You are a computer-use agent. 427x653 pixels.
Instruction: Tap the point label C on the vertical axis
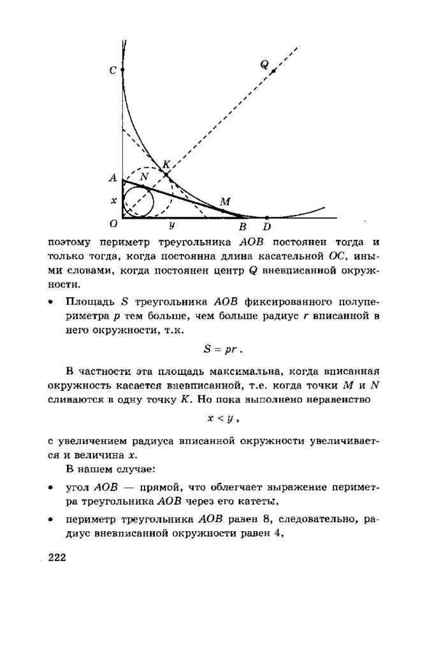click(113, 71)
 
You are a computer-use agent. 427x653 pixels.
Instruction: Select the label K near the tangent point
click(166, 165)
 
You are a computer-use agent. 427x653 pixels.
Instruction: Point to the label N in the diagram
click(144, 176)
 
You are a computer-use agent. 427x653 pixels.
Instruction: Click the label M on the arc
click(224, 202)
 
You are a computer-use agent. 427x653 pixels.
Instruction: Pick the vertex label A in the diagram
click(113, 179)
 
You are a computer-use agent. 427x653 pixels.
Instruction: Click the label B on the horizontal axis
click(242, 226)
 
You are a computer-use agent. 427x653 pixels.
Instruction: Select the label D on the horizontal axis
click(266, 226)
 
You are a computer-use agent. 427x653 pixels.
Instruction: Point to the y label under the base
click(172, 225)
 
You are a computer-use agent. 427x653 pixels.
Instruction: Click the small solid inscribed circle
click(138, 203)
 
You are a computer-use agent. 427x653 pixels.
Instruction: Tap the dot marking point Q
click(273, 71)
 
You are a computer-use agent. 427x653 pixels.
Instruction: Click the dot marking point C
click(122, 69)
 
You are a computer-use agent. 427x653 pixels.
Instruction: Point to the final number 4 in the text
click(278, 534)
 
